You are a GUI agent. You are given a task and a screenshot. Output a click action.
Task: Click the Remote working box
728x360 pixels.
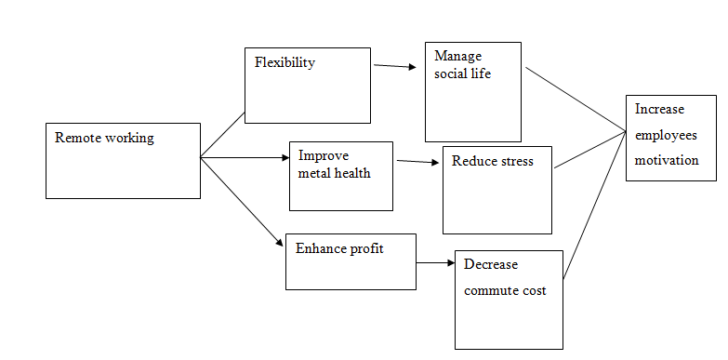pos(123,160)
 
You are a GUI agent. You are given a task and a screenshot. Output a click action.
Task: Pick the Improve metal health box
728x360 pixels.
pos(340,176)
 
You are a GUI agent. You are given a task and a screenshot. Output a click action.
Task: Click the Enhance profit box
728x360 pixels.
pos(350,261)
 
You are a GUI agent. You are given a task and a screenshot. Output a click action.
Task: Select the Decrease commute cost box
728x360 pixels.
pos(509,299)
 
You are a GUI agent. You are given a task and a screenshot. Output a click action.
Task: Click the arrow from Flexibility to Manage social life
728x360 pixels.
pos(394,66)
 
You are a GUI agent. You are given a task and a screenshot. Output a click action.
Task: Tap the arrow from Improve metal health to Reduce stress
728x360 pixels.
pos(417,162)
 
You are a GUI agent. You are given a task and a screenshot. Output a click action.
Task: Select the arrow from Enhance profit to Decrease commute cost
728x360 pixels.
pos(434,262)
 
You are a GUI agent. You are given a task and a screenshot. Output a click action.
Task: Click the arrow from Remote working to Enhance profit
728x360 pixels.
pos(243,202)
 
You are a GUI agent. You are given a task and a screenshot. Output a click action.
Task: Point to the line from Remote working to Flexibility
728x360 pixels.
pos(223,135)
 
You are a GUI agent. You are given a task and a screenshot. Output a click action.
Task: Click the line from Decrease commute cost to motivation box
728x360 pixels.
pos(593,207)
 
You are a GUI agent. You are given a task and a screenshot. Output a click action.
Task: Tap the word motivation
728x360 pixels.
pos(667,160)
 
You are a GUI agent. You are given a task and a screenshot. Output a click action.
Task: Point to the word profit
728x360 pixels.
pos(365,248)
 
